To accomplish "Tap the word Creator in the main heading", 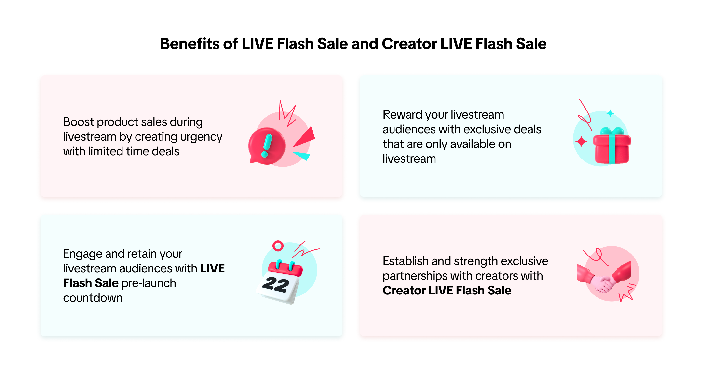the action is pyautogui.click(x=409, y=44).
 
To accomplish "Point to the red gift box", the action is pyautogui.click(x=612, y=148).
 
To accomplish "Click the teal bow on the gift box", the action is pyautogui.click(x=612, y=131).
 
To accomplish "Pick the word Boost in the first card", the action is pyautogui.click(x=78, y=122).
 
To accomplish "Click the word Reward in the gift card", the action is pyautogui.click(x=402, y=114).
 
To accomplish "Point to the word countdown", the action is pyautogui.click(x=93, y=298).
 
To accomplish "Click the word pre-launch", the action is pyautogui.click(x=149, y=283).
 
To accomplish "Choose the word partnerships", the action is pyautogui.click(x=415, y=276).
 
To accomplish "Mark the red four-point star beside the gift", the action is pyautogui.click(x=581, y=142).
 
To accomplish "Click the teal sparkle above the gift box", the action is pyautogui.click(x=610, y=113).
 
